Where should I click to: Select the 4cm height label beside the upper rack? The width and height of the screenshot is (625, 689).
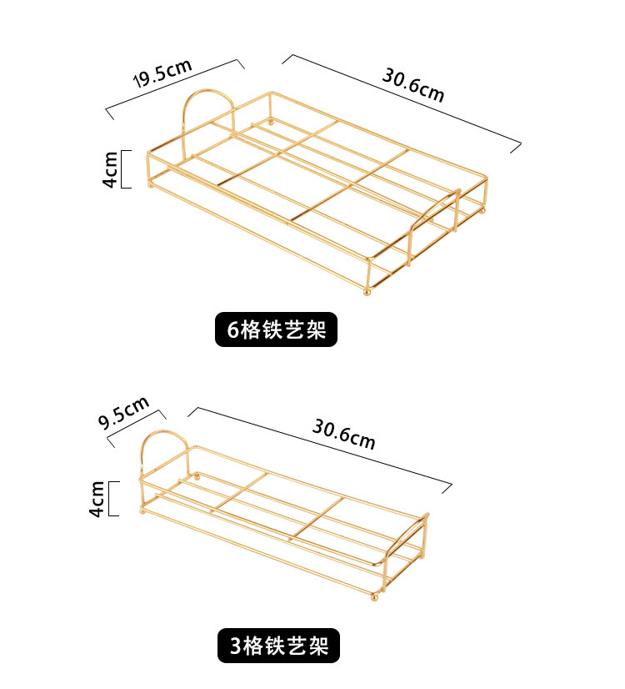[110, 169]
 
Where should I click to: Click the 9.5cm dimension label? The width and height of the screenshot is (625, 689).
[123, 412]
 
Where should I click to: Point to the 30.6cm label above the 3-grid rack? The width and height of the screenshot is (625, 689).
[344, 433]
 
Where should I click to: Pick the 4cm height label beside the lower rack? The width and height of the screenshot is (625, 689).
[98, 498]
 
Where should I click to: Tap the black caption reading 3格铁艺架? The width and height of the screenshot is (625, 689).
[278, 645]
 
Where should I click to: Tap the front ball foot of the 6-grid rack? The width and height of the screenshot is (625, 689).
[367, 291]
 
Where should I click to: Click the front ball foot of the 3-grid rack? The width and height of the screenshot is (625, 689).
[375, 597]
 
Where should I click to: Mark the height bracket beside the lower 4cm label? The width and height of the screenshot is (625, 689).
[114, 498]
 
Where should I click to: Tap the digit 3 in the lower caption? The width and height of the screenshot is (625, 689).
[234, 646]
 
